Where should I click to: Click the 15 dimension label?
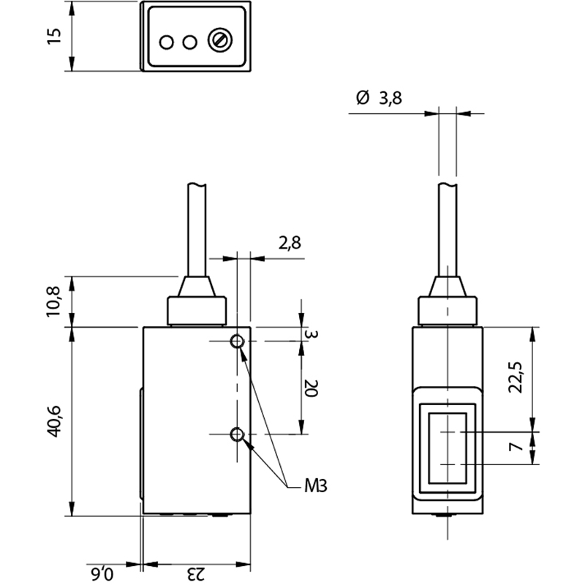[x=54, y=36]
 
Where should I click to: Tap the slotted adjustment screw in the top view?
[x=220, y=40]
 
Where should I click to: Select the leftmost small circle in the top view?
[x=167, y=42]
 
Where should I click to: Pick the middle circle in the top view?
[x=190, y=42]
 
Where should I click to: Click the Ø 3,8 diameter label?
[x=379, y=98]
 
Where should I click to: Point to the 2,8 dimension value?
[x=290, y=243]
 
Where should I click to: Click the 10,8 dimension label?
[x=53, y=301]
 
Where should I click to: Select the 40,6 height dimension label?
[x=53, y=421]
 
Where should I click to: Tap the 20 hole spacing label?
[x=311, y=388]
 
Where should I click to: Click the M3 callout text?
[x=316, y=486]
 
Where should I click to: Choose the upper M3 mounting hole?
[x=237, y=341]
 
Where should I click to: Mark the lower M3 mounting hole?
[x=237, y=434]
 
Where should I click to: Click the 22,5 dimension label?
[x=516, y=377]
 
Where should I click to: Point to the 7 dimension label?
[x=516, y=446]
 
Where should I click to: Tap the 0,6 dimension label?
[x=101, y=574]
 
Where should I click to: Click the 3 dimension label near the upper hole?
[x=312, y=334]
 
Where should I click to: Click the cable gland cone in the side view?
[x=197, y=287]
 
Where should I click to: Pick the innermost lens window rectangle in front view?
[x=448, y=448]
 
